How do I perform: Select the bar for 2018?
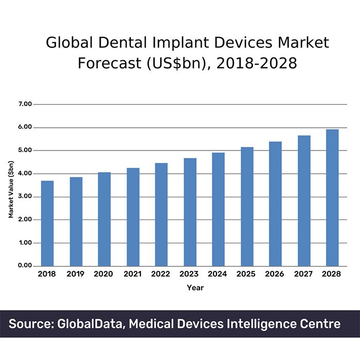(x=47, y=223)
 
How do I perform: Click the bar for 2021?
(x=133, y=217)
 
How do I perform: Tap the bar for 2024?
(x=219, y=209)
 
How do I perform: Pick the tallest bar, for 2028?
(x=332, y=197)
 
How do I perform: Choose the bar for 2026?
(x=275, y=204)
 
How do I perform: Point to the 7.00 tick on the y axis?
(x=25, y=104)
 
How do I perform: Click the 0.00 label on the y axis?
(x=25, y=266)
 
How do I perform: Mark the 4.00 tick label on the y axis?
(x=25, y=174)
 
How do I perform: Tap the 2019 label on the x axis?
(x=76, y=275)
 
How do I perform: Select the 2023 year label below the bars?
(x=190, y=275)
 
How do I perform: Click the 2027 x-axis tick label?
(x=303, y=275)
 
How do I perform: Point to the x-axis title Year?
(x=195, y=288)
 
